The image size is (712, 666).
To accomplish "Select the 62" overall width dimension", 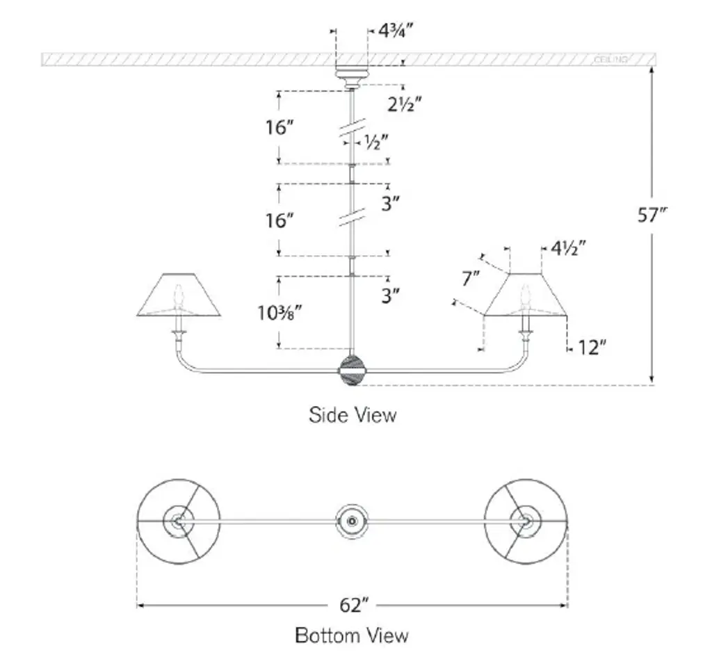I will click(x=353, y=606).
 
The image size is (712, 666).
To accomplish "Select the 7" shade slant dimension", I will click(x=471, y=279).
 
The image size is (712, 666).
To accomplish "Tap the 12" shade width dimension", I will click(x=588, y=348).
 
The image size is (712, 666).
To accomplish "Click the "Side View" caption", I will click(x=353, y=415).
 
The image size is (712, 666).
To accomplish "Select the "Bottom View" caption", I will click(x=352, y=635).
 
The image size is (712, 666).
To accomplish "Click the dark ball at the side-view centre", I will click(x=352, y=370).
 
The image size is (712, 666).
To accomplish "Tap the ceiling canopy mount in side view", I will click(x=352, y=76).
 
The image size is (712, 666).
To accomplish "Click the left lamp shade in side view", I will click(x=179, y=296).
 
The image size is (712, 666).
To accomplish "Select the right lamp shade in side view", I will click(x=526, y=296).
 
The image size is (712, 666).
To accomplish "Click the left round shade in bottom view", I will click(x=179, y=521).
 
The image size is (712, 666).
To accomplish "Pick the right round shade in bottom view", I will click(x=526, y=521).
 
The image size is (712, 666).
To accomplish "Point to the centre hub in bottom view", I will click(x=352, y=521).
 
